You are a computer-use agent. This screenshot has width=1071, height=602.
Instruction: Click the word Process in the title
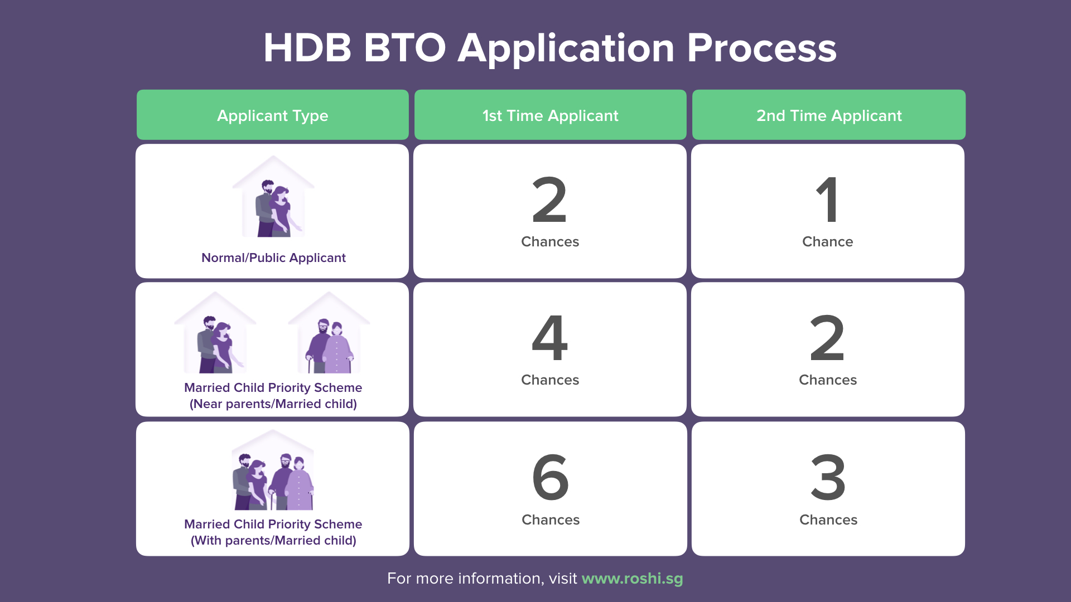[x=761, y=48]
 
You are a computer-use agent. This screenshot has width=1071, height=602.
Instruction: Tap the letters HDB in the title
[x=307, y=48]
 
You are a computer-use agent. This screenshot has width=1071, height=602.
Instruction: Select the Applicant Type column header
[x=272, y=115]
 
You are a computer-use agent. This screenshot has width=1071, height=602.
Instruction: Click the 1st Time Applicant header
[x=550, y=115]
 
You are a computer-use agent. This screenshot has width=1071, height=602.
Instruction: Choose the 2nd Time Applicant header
[x=828, y=115]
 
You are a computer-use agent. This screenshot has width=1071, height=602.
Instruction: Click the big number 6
[x=550, y=477]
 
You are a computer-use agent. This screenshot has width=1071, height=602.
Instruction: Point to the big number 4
[x=550, y=338]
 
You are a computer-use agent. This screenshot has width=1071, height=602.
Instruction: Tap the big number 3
[x=828, y=477]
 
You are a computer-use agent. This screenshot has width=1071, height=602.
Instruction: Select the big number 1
[x=828, y=200]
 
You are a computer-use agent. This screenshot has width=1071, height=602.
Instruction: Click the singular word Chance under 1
[x=828, y=241]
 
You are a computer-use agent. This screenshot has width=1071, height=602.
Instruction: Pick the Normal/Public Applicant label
[x=273, y=258]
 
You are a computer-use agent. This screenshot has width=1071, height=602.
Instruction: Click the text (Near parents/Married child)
[x=273, y=404]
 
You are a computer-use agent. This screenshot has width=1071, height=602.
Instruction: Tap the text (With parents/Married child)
[x=273, y=540]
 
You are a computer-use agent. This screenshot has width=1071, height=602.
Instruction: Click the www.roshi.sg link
[x=632, y=579]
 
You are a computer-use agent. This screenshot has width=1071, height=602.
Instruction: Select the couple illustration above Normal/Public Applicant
[x=273, y=201]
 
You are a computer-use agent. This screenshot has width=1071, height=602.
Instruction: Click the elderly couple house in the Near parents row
[x=329, y=337]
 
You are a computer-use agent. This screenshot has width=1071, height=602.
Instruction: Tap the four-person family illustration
[x=273, y=475]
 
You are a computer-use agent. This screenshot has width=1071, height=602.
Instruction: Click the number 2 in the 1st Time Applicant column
[x=550, y=200]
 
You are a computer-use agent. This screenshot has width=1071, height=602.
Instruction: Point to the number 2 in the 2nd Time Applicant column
[x=828, y=338]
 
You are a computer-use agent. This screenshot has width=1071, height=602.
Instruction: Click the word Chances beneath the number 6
[x=551, y=520]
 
